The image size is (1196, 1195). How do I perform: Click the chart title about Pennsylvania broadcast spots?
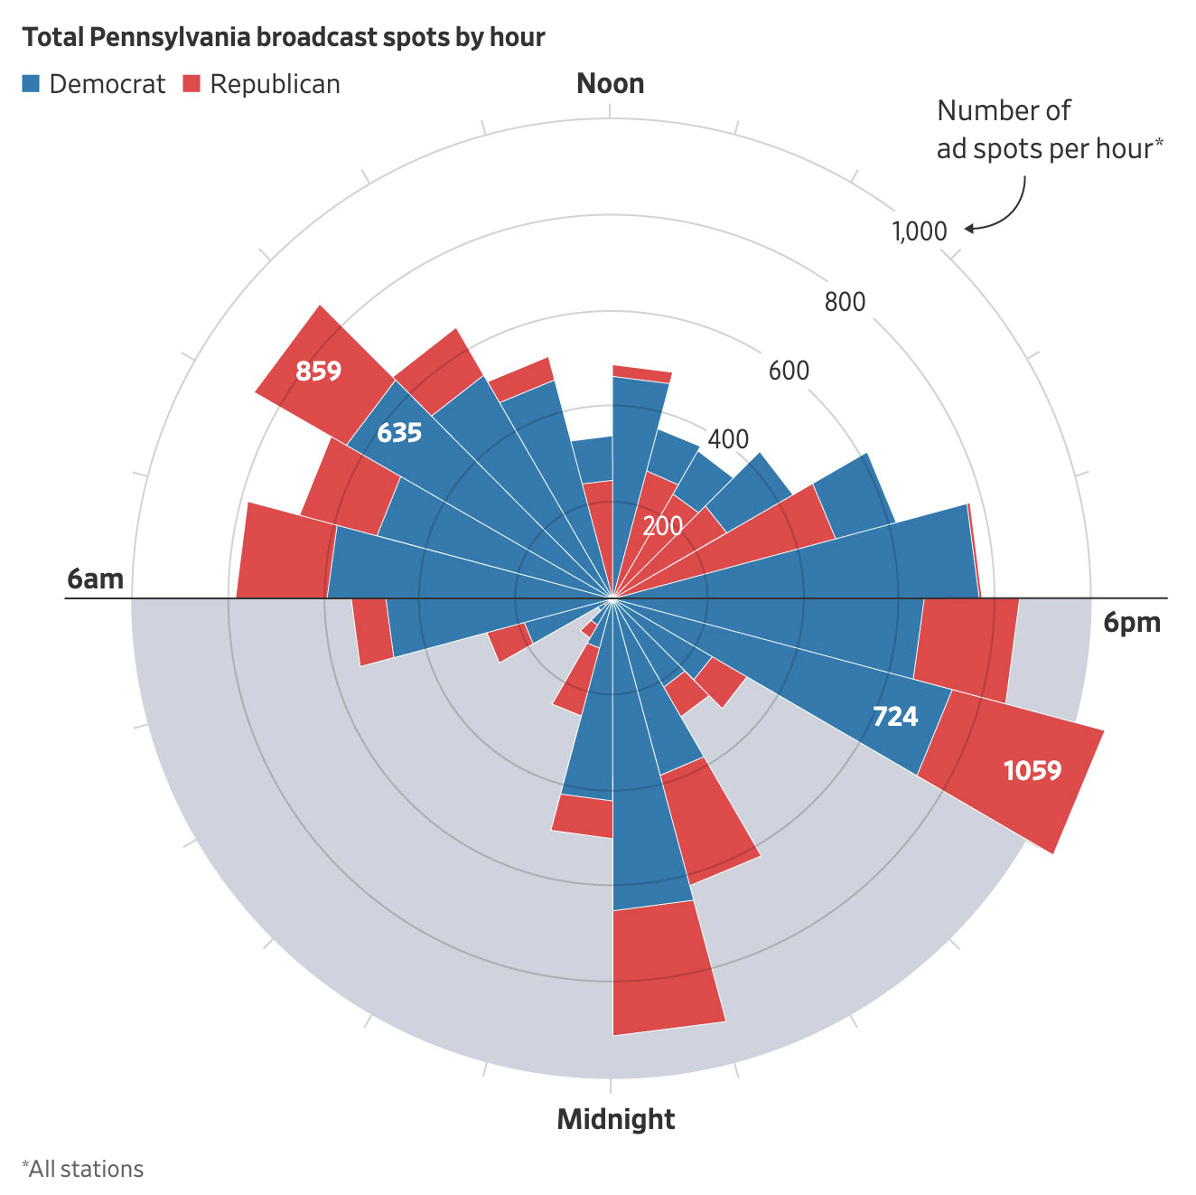[284, 37]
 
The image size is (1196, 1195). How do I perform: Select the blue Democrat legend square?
[32, 84]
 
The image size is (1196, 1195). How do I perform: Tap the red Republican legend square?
[192, 84]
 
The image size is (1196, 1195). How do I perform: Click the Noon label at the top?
[611, 84]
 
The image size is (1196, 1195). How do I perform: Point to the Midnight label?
[616, 1119]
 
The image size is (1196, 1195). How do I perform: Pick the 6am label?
[95, 579]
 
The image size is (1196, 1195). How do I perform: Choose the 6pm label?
[1132, 623]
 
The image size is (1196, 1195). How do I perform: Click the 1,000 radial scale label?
[920, 231]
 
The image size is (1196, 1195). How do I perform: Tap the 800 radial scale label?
[845, 302]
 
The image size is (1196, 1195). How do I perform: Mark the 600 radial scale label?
[789, 371]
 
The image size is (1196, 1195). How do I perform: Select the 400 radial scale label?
[728, 439]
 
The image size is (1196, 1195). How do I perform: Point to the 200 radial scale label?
[662, 525]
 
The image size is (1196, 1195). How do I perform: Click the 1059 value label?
[1032, 771]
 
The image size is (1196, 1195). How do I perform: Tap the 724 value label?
[895, 717]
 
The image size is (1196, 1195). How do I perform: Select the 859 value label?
[319, 371]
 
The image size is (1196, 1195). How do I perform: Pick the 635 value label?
[399, 433]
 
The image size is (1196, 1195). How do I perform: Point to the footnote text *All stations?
[82, 1169]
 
